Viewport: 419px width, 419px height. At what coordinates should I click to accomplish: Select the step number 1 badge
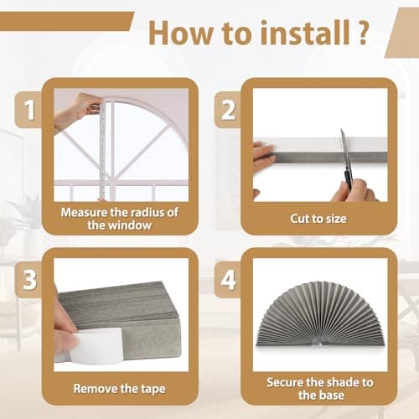[x=28, y=110]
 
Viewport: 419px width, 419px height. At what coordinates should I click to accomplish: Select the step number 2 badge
[x=227, y=110]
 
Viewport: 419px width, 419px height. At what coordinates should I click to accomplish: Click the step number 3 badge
[x=28, y=280]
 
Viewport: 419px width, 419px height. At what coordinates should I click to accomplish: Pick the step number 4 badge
[x=227, y=280]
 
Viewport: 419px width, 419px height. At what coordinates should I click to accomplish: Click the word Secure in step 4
[x=284, y=381]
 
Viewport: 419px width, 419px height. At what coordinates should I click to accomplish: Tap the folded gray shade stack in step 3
[x=126, y=302]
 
